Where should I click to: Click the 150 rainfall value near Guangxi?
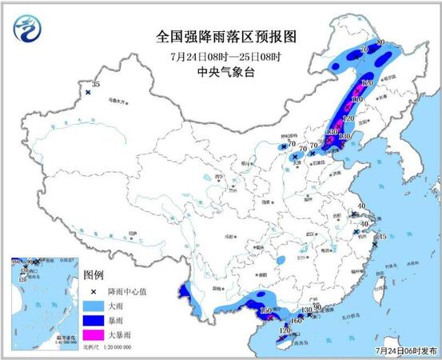[x=268, y=310]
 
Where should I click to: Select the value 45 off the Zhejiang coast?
[x=382, y=237]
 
